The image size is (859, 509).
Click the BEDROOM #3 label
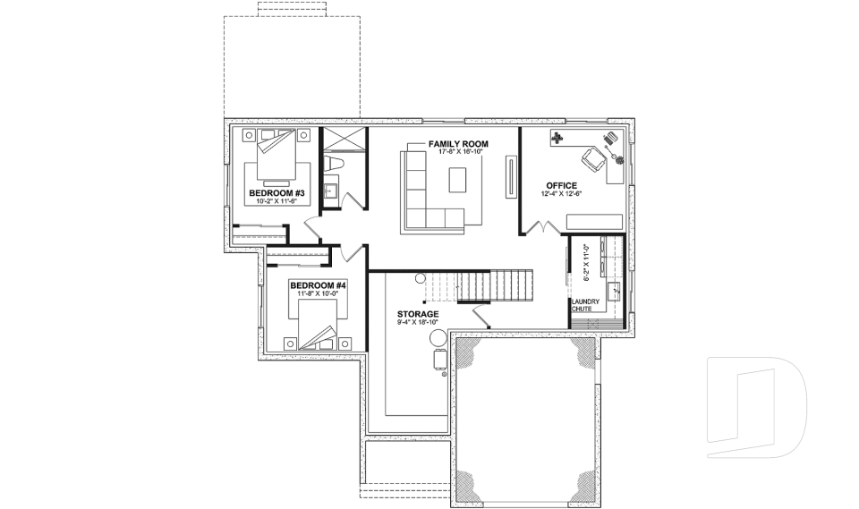click(x=276, y=193)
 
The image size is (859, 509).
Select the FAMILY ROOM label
click(x=457, y=144)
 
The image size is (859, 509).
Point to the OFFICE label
click(x=561, y=185)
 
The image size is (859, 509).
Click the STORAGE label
click(x=418, y=315)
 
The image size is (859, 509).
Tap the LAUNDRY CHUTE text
click(x=585, y=305)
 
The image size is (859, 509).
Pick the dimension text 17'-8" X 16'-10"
click(x=457, y=153)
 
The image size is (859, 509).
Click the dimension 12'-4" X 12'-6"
click(x=561, y=194)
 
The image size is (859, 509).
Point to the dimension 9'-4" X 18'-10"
click(x=418, y=323)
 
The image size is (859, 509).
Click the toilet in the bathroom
click(x=336, y=164)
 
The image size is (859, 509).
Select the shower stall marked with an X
click(x=343, y=140)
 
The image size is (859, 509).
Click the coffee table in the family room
click(x=457, y=180)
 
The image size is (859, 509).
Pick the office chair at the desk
click(x=592, y=160)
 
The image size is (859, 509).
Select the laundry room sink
click(x=616, y=290)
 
